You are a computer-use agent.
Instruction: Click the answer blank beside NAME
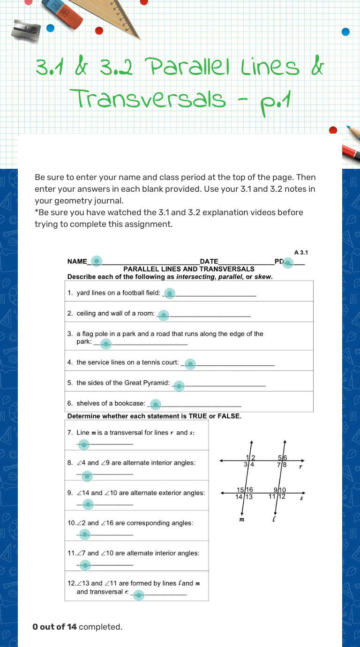pyautogui.click(x=96, y=261)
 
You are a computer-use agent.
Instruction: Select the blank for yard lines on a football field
pyautogui.click(x=170, y=293)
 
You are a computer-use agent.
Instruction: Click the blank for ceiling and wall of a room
pyautogui.click(x=163, y=315)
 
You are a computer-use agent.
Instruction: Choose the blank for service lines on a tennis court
pyautogui.click(x=190, y=364)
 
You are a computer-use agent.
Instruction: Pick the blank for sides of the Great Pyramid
pyautogui.click(x=179, y=386)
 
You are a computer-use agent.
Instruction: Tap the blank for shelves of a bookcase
pyautogui.click(x=155, y=404)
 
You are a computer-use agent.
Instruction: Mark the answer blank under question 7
pyautogui.click(x=83, y=444)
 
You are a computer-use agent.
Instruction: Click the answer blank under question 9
pyautogui.click(x=88, y=504)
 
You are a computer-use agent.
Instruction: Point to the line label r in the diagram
pyautogui.click(x=300, y=467)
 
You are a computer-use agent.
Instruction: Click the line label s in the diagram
pyautogui.click(x=301, y=499)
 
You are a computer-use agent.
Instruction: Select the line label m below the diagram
pyautogui.click(x=241, y=519)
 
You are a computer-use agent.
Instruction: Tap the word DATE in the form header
pyautogui.click(x=209, y=262)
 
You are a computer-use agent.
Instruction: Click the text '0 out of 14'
pyautogui.click(x=55, y=627)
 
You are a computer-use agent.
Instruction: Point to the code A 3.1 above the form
pyautogui.click(x=300, y=253)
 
